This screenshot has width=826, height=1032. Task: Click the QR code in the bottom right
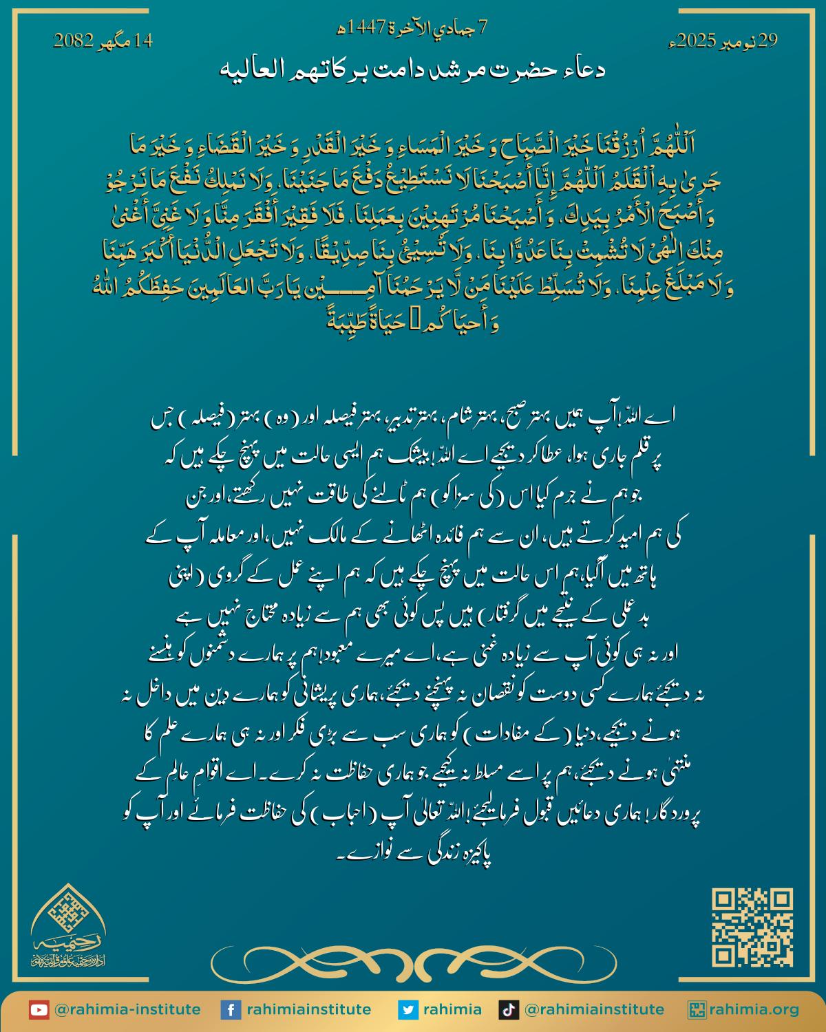[752, 927]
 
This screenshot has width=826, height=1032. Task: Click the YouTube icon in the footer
[39, 1010]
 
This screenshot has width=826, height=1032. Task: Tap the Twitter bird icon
[409, 1010]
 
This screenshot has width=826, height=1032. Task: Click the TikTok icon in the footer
[509, 1010]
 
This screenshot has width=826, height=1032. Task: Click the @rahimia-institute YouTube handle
[127, 1010]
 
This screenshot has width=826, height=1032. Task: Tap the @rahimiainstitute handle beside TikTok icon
[594, 1010]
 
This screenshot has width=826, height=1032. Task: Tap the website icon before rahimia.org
[697, 1010]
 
